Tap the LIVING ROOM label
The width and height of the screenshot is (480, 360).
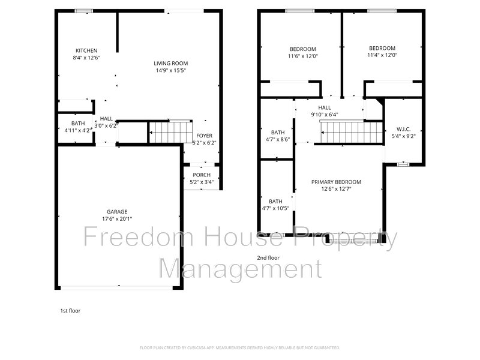point(171,63)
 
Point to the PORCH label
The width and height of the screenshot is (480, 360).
point(202,175)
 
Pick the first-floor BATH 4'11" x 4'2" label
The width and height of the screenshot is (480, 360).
point(78,123)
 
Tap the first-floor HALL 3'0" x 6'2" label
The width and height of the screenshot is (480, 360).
point(106,119)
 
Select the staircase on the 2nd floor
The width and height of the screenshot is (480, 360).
point(351,132)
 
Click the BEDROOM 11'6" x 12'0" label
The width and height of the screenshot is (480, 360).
point(304,49)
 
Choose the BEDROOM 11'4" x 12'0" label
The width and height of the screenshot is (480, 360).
point(382,49)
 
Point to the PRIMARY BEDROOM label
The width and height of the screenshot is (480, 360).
point(336,182)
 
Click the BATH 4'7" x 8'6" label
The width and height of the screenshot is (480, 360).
point(277,133)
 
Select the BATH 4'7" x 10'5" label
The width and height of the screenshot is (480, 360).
point(276,202)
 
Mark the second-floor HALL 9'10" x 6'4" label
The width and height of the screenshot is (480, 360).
point(325,107)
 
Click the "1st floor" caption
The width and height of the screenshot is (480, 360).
point(70,311)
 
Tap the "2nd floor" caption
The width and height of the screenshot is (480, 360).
point(269,258)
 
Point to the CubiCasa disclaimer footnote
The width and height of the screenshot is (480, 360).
point(240,347)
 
